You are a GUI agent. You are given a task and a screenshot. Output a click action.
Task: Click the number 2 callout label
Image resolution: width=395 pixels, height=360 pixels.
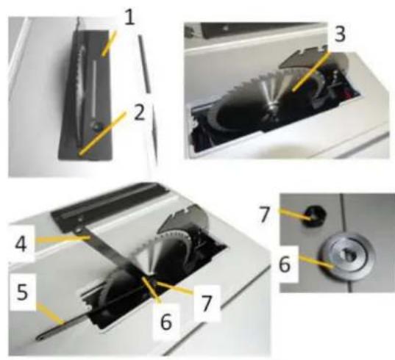tap(140, 112)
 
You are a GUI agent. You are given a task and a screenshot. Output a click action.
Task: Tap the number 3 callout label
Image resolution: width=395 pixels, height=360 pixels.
tap(340, 34)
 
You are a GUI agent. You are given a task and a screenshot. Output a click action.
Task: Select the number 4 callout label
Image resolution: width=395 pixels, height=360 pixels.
tap(21, 243)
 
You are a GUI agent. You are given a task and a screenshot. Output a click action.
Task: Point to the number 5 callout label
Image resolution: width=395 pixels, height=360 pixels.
tap(22, 292)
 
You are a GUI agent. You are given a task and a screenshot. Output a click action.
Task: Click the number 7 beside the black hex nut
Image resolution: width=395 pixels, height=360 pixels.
tap(265, 215)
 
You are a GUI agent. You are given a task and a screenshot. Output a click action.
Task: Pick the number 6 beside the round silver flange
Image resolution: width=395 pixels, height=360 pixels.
tap(285, 264)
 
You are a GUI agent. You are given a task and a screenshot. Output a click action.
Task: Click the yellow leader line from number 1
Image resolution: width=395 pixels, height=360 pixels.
tap(110, 43)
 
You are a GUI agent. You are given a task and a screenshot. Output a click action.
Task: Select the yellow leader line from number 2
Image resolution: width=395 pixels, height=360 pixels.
tap(102, 133)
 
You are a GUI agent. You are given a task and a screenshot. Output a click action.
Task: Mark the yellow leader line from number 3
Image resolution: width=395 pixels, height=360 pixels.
tap(310, 71)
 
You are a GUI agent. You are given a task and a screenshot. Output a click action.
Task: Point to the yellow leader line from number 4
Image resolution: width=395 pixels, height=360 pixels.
tap(63, 239)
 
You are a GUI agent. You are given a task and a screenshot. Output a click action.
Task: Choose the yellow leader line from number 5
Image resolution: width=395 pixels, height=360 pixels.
tap(50, 314)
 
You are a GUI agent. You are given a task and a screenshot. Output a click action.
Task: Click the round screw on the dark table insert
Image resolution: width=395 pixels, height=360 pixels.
tap(96, 126)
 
